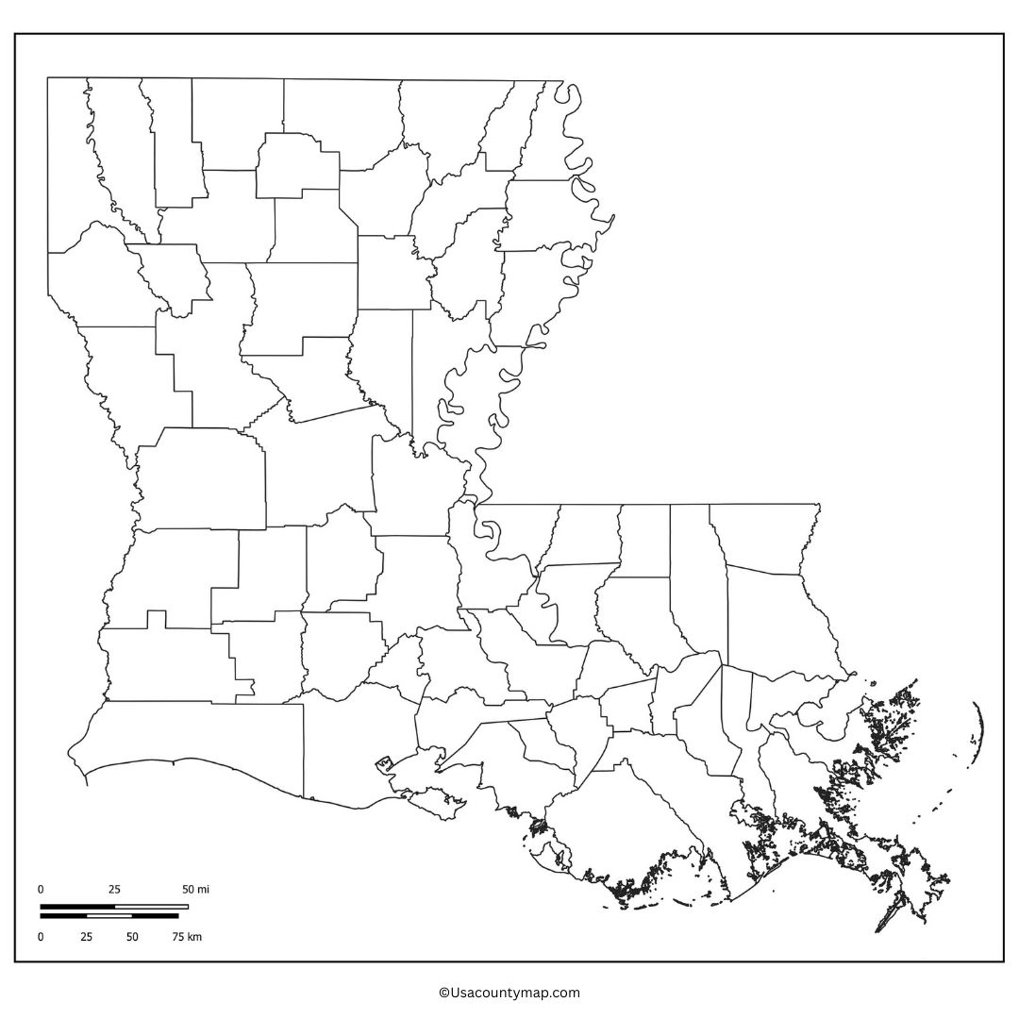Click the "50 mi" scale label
(195, 890)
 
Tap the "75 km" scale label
(187, 937)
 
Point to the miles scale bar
(113, 907)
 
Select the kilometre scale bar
(109, 915)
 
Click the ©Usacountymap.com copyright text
(509, 993)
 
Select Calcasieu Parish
(160, 665)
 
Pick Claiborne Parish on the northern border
(236, 123)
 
